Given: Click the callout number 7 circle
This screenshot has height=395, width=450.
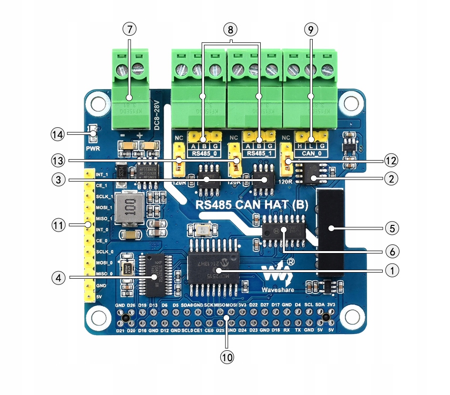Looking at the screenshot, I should [129, 29].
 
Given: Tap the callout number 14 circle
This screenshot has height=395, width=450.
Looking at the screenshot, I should [57, 134].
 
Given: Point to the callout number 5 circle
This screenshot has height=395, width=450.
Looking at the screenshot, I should [391, 228].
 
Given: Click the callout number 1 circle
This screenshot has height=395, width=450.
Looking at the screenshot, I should [391, 270].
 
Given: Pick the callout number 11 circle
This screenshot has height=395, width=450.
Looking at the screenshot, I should [57, 224].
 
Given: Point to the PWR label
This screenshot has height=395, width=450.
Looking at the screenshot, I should [92, 148].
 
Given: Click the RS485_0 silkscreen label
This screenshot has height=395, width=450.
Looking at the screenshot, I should [204, 154].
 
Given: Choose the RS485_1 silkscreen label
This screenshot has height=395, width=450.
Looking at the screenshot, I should [259, 154].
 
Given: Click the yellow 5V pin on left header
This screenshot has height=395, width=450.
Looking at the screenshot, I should [88, 297].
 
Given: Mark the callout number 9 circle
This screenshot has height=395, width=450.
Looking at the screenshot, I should [310, 29].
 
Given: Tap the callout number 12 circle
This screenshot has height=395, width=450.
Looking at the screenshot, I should [391, 161].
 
